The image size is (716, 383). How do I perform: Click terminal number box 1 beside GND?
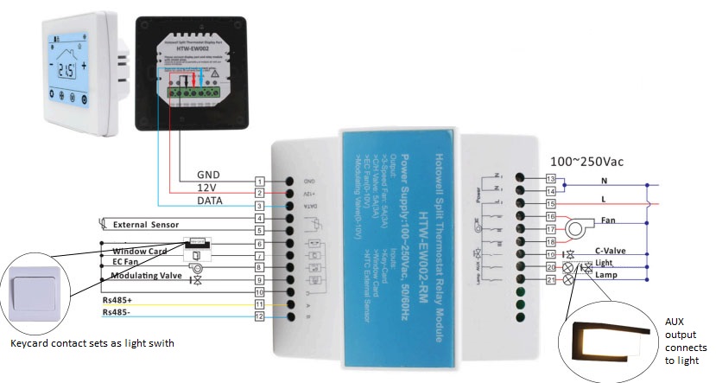pos(258,182)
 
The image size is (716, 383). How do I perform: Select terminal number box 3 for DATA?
pos(258,207)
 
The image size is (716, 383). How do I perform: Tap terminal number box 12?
pos(258,317)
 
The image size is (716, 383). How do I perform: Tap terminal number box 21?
pos(552,279)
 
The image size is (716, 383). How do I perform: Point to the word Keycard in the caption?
pos(32,343)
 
